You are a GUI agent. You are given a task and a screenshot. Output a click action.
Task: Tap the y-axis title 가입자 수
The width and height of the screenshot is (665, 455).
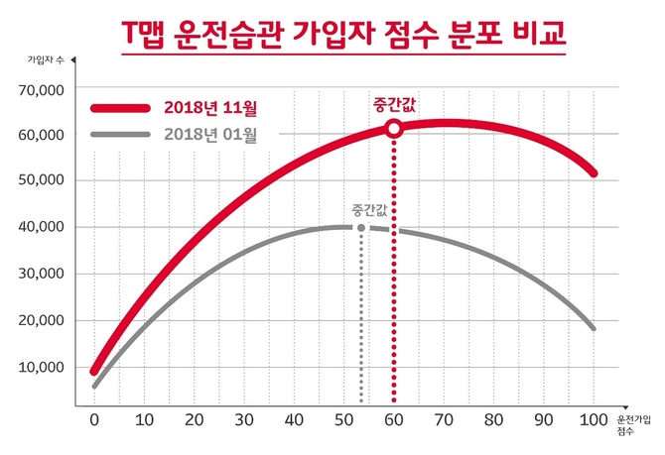pyautogui.click(x=44, y=61)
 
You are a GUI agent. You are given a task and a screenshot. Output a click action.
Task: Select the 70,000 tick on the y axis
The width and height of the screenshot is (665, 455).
pyautogui.click(x=42, y=90)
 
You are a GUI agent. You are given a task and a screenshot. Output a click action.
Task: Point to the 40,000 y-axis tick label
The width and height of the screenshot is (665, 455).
pyautogui.click(x=42, y=227)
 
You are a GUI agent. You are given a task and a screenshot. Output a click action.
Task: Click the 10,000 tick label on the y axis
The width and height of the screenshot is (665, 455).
pyautogui.click(x=42, y=368)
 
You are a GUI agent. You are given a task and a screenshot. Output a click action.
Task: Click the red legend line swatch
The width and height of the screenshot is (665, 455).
pyautogui.click(x=125, y=106)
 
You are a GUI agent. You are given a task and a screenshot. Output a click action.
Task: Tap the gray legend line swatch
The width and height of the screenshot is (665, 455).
pyautogui.click(x=125, y=135)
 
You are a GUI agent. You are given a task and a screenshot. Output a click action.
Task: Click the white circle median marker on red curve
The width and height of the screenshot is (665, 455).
pyautogui.click(x=394, y=128)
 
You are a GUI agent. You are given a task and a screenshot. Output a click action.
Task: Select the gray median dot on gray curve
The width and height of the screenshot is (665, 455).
pyautogui.click(x=361, y=228)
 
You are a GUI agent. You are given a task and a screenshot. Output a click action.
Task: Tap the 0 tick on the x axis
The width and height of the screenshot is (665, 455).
pyautogui.click(x=94, y=420)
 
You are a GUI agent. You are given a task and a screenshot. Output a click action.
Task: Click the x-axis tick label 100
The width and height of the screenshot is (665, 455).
pyautogui.click(x=594, y=420)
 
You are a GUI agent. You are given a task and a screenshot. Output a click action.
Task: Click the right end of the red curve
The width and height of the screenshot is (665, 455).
pyautogui.click(x=594, y=173)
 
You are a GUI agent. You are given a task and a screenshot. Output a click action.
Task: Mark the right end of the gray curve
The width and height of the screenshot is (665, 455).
pyautogui.click(x=594, y=327)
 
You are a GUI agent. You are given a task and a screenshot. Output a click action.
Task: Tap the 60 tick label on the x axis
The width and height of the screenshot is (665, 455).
pyautogui.click(x=394, y=420)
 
